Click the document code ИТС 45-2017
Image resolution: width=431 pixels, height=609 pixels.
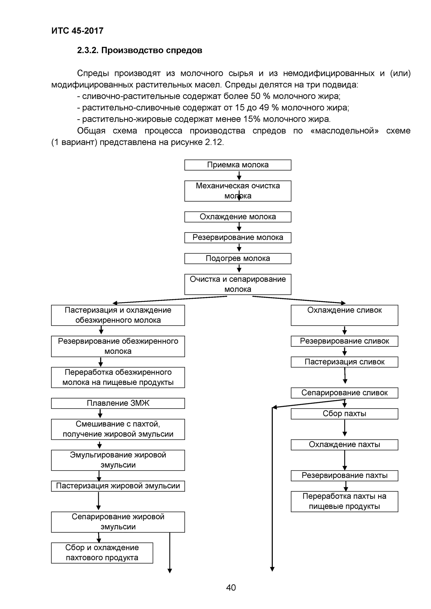[x=77, y=31]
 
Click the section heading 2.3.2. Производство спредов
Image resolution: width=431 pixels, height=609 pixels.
[x=139, y=50]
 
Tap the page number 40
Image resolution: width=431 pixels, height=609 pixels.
[x=231, y=587]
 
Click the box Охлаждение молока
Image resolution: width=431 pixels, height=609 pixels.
[x=238, y=217]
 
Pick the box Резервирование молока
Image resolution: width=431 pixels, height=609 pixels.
[x=238, y=237]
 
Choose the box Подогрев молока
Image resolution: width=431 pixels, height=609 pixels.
[x=238, y=258]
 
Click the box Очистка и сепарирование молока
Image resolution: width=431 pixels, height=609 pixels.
[x=238, y=284]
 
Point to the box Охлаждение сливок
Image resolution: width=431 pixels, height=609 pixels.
[x=344, y=315]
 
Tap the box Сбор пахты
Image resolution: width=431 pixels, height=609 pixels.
[x=344, y=414]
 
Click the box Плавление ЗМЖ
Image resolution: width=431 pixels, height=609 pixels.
[x=118, y=403]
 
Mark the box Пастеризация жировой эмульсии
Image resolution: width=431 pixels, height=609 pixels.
[x=118, y=486]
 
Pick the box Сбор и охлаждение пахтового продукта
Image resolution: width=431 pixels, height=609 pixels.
[x=102, y=553]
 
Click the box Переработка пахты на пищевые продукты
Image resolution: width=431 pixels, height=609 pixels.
[x=344, y=501]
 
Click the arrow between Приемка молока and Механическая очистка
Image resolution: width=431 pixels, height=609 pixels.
[x=239, y=175]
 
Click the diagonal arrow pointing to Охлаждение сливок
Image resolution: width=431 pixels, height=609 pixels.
[x=299, y=299]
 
